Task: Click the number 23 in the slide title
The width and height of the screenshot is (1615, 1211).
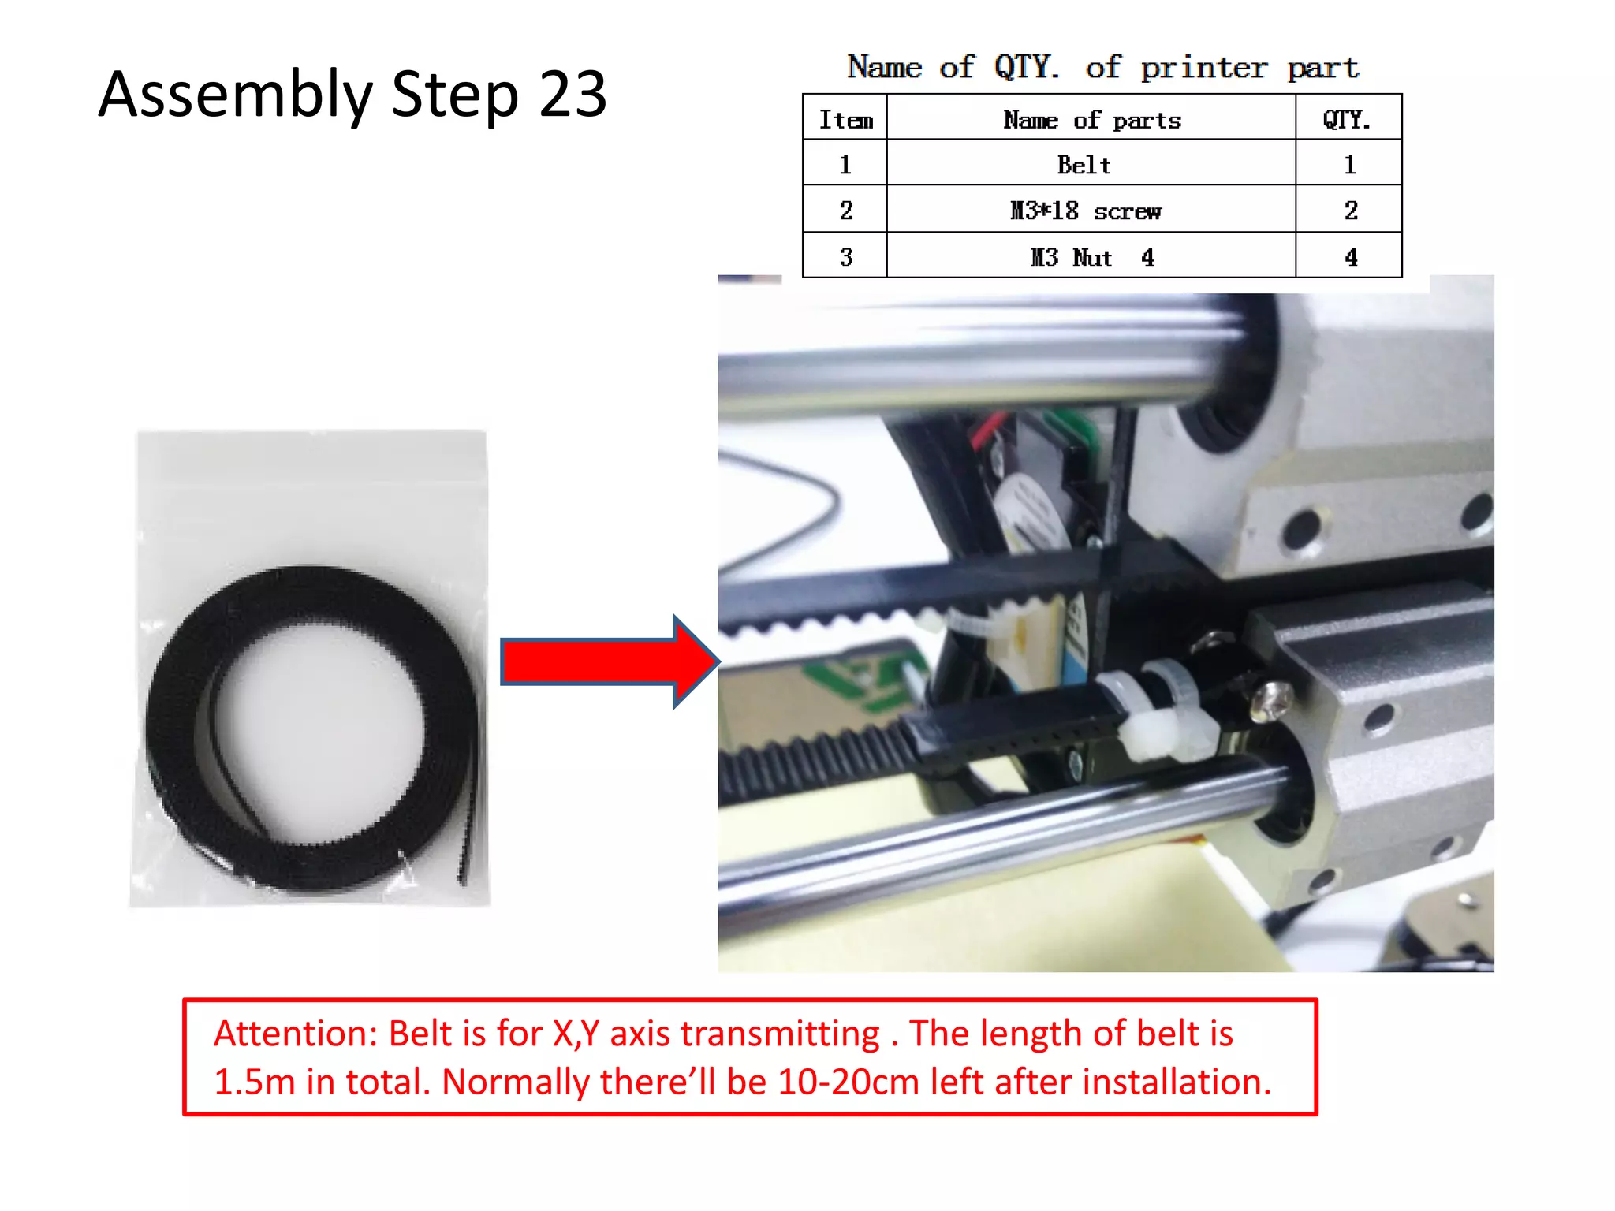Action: click(x=573, y=95)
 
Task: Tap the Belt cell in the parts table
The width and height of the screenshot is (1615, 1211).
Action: click(x=1084, y=165)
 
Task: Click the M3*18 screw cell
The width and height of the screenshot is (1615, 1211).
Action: click(x=1086, y=211)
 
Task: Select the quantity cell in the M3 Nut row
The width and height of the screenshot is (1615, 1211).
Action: click(x=1350, y=257)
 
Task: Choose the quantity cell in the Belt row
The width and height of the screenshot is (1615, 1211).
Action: click(x=1349, y=165)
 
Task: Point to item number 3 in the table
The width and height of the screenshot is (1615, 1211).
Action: click(x=846, y=257)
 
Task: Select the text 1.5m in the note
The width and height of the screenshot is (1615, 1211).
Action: click(x=253, y=1082)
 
